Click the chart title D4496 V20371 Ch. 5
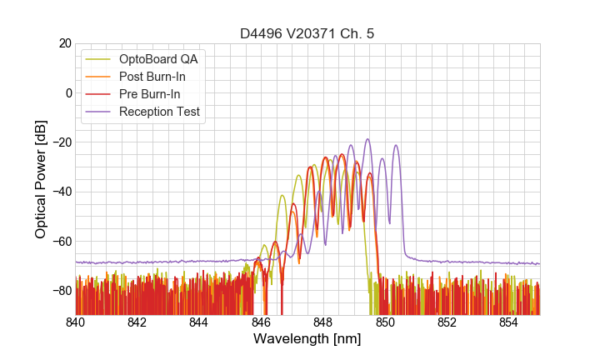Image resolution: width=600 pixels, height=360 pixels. pos(307,33)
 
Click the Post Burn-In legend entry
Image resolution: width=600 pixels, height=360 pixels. pos(152,77)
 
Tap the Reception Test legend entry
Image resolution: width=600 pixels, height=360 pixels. pos(159,112)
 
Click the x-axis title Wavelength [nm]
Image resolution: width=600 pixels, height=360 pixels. pos(307,339)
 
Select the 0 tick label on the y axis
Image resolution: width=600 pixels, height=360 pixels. pos(68,92)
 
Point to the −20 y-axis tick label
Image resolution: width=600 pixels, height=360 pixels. pos(61,142)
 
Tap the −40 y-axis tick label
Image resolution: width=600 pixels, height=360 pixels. pos(61,192)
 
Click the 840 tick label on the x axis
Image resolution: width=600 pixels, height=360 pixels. pos(76,321)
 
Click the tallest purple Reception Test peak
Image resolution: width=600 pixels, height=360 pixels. pos(367,140)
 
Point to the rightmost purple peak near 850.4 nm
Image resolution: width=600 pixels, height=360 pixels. pos(396,146)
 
